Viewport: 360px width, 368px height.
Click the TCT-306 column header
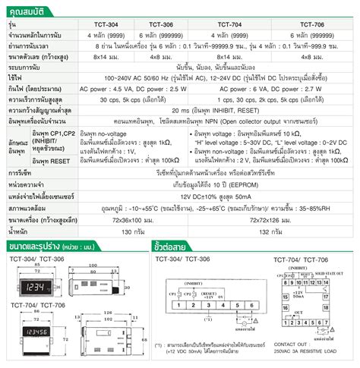pyautogui.click(x=159, y=24)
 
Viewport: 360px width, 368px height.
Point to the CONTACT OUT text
pyautogui.click(x=302, y=345)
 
